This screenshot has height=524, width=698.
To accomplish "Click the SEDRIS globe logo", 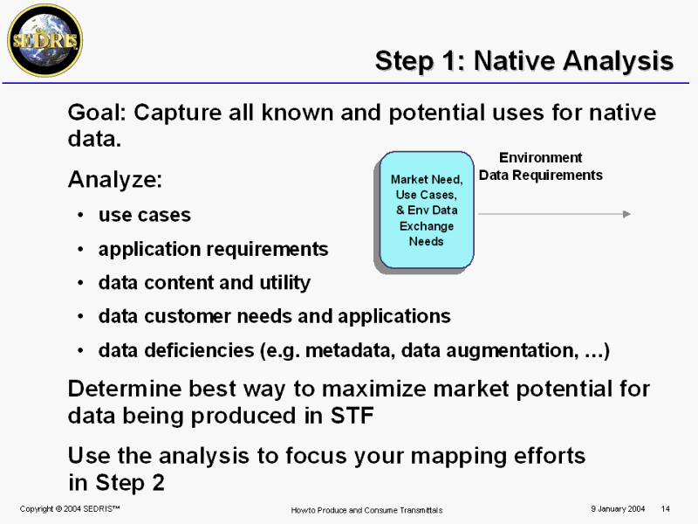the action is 45,40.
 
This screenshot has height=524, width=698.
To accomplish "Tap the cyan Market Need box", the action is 427,210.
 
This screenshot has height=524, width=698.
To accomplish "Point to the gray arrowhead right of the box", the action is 626,214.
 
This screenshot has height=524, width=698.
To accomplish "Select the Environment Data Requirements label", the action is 540,166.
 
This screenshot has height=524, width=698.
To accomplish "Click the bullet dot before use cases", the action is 80,215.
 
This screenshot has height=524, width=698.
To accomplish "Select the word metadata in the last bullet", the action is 351,350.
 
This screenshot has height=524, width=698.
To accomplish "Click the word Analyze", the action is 115,181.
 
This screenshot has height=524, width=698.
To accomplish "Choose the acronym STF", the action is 352,416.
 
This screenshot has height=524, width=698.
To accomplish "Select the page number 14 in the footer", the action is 665,509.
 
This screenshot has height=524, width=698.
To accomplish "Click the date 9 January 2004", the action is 618,509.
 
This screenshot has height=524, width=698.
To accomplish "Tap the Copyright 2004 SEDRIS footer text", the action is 70,509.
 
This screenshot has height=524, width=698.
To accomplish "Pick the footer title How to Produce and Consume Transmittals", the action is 366,510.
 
